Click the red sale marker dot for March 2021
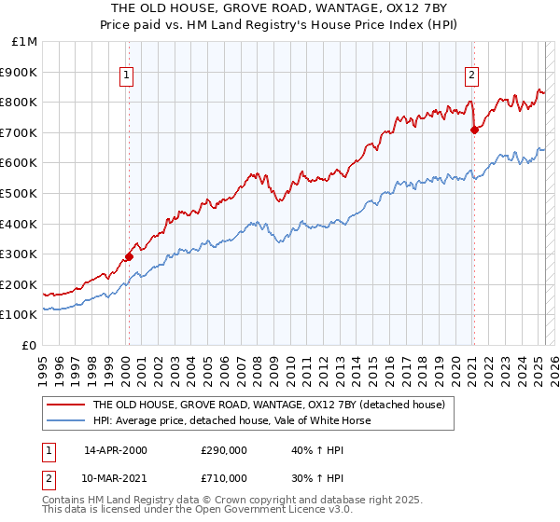click(x=474, y=130)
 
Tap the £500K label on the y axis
click(x=20, y=194)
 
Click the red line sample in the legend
click(x=64, y=405)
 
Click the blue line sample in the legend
click(x=64, y=420)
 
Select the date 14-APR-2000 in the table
click(x=116, y=450)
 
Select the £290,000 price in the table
click(x=223, y=450)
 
